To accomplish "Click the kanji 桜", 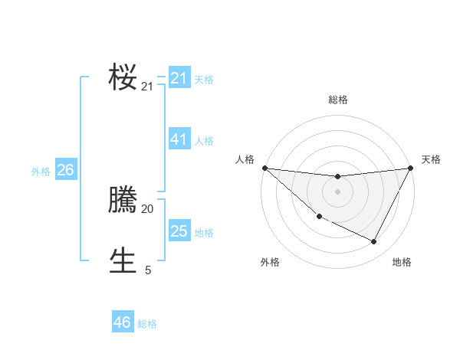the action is tap(123, 77).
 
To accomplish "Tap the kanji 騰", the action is tap(123, 201).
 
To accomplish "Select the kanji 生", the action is tap(123, 260).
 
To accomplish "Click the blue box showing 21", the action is tap(179, 78).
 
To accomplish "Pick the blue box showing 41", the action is tap(179, 139).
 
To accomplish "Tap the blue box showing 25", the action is tap(179, 231).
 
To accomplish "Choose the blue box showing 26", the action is tap(65, 170).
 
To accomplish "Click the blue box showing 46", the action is tap(123, 322).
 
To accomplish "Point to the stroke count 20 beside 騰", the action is tap(147, 208).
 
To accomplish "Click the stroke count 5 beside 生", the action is tap(147, 270).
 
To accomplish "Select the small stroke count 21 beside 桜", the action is tap(147, 87).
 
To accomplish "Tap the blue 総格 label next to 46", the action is tap(147, 324).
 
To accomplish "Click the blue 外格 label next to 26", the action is tap(41, 172).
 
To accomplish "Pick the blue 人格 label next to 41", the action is tap(204, 141).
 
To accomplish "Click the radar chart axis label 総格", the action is tap(337, 100).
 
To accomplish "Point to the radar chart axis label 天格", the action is tap(431, 159).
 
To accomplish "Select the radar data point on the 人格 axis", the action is tap(264, 168).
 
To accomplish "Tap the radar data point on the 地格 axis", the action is tap(374, 242).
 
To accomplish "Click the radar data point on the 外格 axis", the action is tap(319, 217).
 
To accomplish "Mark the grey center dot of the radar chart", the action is tap(337, 191).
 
